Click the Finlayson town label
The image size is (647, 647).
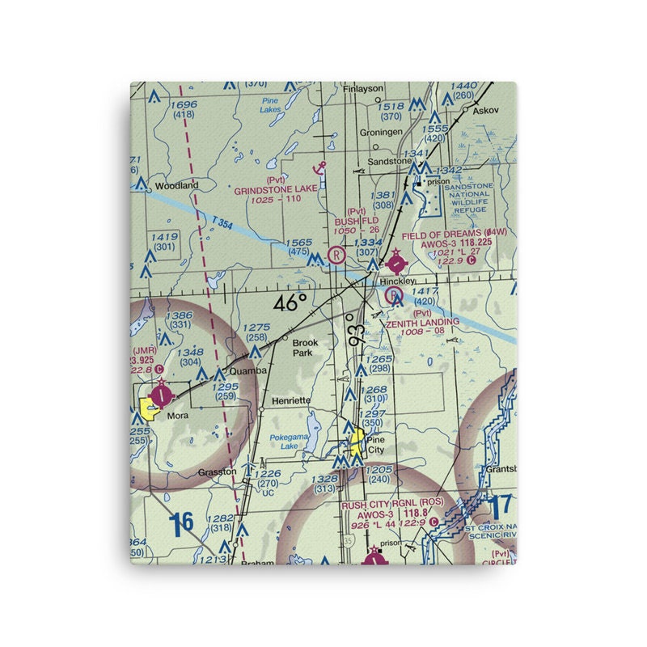click(362, 88)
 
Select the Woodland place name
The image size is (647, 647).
click(176, 185)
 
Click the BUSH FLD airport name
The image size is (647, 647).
click(357, 219)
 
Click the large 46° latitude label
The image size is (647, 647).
click(290, 303)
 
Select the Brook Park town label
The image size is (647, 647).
click(305, 348)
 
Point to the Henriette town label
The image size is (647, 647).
click(291, 400)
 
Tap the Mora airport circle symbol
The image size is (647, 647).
click(163, 394)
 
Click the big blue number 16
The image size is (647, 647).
click(182, 522)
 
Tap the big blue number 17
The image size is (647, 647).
click(501, 508)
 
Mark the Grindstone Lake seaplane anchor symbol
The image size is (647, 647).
click(320, 167)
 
